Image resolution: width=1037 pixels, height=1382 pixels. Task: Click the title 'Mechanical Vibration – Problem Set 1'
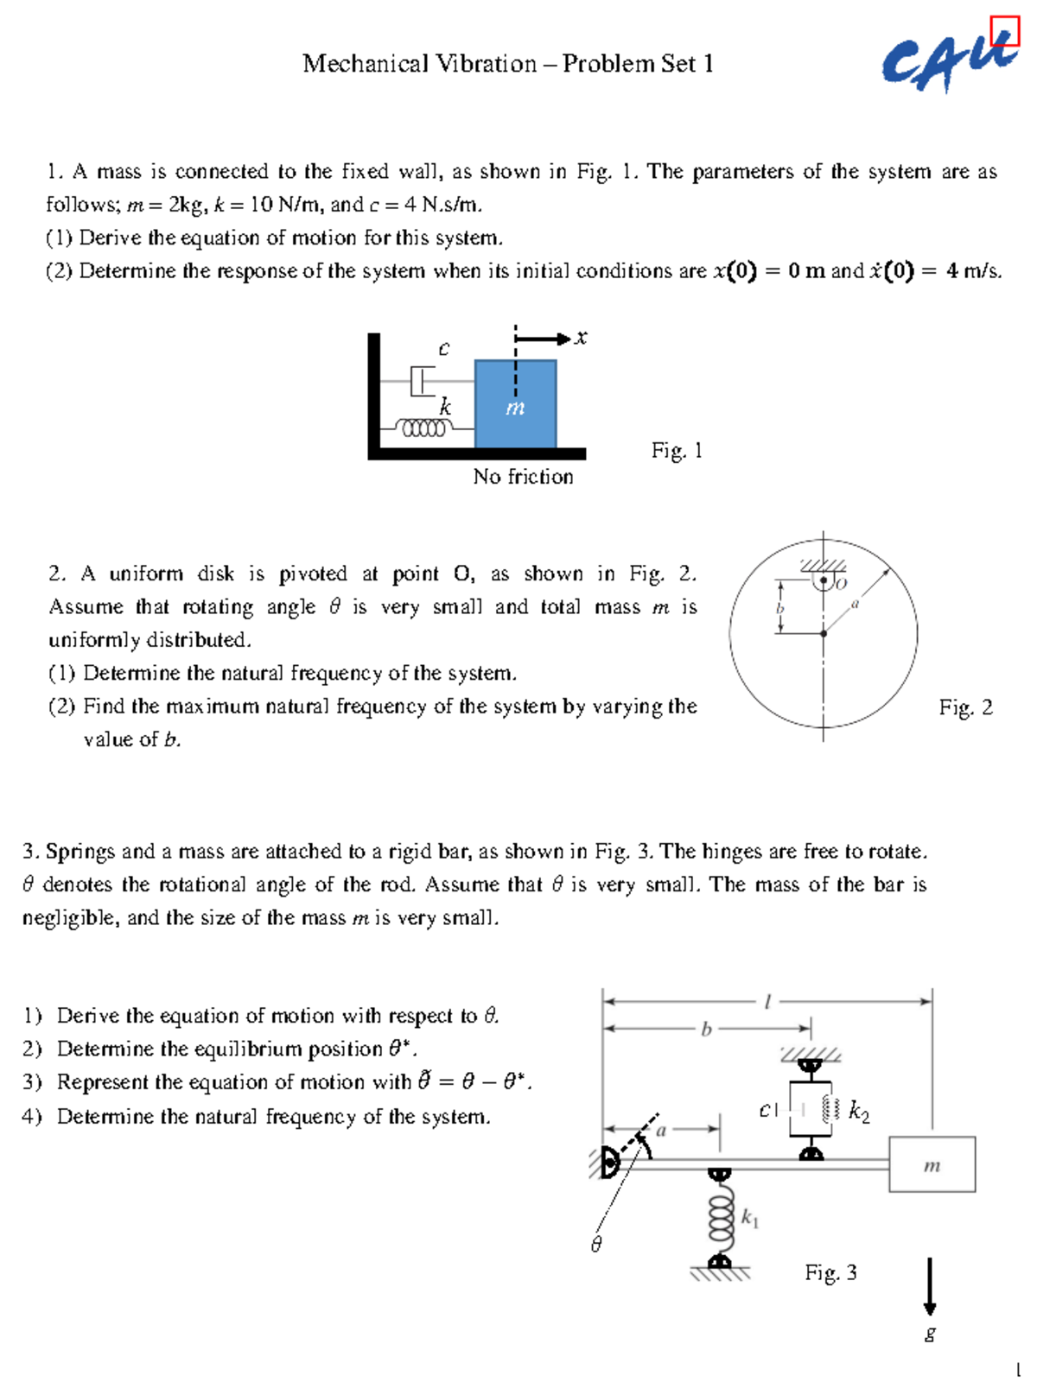(507, 64)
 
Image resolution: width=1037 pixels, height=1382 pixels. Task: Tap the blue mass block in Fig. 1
(515, 403)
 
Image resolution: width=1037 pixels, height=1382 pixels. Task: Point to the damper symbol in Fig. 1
(423, 380)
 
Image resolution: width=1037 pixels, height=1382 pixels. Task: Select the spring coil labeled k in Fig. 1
(423, 428)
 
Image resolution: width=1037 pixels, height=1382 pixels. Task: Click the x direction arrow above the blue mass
(544, 339)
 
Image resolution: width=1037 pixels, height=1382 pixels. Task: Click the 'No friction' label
(523, 477)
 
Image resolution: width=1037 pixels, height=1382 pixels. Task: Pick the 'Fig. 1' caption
(677, 450)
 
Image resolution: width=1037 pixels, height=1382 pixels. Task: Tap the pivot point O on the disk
(824, 581)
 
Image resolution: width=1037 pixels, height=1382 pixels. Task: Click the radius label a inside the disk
(855, 604)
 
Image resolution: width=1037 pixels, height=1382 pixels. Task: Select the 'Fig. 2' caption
(965, 707)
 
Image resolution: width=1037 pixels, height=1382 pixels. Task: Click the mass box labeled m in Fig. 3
(932, 1165)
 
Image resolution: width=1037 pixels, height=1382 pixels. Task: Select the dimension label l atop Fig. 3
(767, 1002)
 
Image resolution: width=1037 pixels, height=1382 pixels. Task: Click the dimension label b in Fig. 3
(706, 1029)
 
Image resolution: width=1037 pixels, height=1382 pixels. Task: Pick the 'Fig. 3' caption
(830, 1272)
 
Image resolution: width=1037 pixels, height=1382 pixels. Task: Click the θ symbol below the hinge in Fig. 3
(595, 1245)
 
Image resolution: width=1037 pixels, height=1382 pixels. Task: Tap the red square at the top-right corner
(1005, 30)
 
